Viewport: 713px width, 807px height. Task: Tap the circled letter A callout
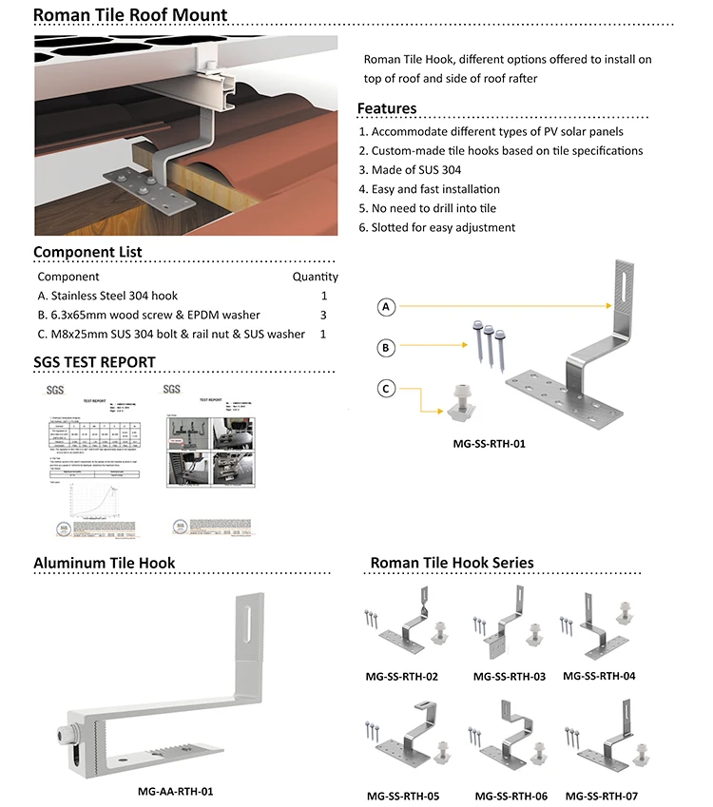click(x=386, y=307)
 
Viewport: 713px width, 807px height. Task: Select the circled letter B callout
click(x=386, y=349)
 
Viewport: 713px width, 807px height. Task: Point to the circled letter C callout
click(x=386, y=388)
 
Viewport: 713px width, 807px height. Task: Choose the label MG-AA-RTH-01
click(x=169, y=790)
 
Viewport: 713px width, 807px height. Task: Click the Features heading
click(x=386, y=108)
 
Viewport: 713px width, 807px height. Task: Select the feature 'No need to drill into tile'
click(x=440, y=208)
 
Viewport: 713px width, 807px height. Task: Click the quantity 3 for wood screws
click(x=323, y=315)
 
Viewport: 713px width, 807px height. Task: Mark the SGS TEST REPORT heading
click(x=94, y=362)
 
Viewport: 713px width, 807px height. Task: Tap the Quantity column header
click(x=315, y=277)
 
